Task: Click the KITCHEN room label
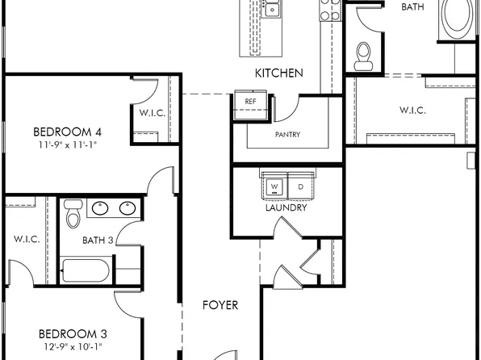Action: (279, 73)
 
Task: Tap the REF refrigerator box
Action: (250, 102)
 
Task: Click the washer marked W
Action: (274, 186)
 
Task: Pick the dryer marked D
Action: (300, 186)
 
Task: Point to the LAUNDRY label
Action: (287, 207)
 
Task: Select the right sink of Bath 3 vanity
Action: (127, 208)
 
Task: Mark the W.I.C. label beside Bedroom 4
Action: (153, 113)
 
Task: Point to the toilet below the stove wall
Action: (363, 53)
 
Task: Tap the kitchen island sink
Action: (272, 10)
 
